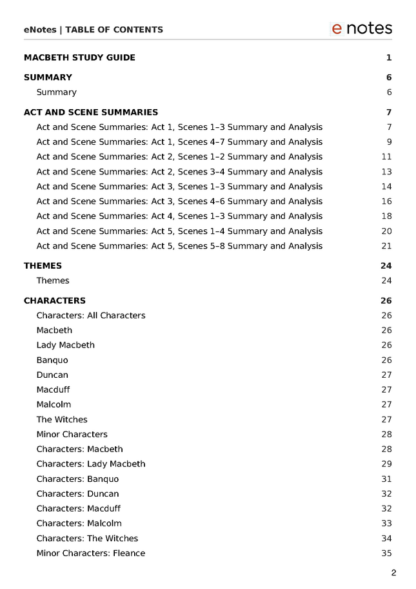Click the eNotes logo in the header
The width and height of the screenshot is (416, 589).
click(361, 28)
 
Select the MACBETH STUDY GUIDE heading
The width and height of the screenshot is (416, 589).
click(79, 57)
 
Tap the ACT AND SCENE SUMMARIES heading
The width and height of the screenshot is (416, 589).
click(90, 112)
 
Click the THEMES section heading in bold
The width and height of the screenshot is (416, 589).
click(43, 266)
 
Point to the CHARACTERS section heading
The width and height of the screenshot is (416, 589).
click(54, 301)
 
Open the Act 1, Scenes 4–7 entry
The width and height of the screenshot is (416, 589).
click(179, 142)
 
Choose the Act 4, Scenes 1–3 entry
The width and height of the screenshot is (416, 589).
click(179, 216)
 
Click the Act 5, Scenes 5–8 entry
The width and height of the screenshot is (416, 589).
click(179, 246)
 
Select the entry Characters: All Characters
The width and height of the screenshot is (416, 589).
click(91, 316)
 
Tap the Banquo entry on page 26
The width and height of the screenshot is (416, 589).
click(52, 360)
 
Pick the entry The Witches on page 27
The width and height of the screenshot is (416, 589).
click(61, 420)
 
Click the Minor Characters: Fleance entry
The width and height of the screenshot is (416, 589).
click(91, 553)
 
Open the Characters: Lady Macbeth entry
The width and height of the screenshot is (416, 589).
click(91, 464)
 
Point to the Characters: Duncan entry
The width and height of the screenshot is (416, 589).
click(77, 494)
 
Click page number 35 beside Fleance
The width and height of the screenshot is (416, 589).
click(386, 553)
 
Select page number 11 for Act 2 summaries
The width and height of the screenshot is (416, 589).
click(386, 157)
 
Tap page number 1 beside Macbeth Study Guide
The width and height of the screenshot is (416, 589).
click(389, 57)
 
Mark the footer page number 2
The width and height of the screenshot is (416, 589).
click(393, 573)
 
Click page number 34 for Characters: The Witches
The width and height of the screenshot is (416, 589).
click(386, 539)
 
